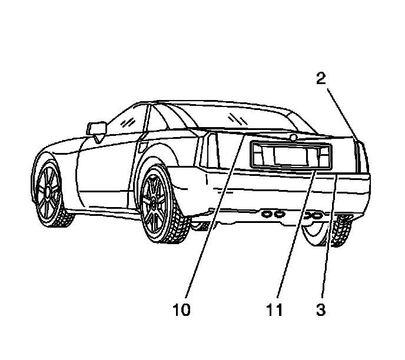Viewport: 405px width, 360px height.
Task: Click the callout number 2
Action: (x=321, y=79)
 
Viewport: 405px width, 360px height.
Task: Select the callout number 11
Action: (x=273, y=308)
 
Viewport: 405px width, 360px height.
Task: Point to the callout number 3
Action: (x=321, y=308)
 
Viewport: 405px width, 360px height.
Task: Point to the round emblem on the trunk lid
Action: (x=293, y=138)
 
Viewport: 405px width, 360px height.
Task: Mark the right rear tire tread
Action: (x=340, y=232)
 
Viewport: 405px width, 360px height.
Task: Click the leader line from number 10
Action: (x=212, y=224)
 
